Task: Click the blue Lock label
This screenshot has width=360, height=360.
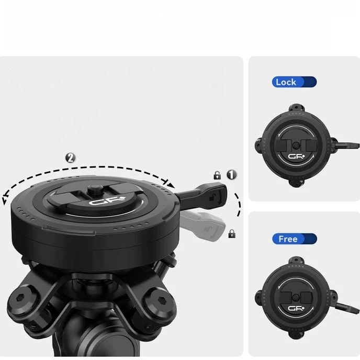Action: click(294, 82)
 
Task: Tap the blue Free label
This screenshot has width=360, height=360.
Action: click(295, 239)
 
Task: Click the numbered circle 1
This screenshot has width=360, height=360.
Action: click(231, 174)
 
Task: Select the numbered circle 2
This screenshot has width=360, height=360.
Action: click(70, 157)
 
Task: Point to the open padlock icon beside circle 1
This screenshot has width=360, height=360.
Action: click(217, 175)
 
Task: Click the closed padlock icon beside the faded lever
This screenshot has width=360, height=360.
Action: click(232, 234)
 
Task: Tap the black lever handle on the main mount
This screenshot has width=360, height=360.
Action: click(201, 195)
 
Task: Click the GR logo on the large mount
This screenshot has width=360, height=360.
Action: click(107, 201)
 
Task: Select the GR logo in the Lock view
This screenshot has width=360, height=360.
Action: click(296, 156)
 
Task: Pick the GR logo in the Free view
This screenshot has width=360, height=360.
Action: click(296, 308)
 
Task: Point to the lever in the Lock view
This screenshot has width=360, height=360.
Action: click(345, 145)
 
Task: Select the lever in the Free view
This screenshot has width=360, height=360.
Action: click(347, 308)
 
